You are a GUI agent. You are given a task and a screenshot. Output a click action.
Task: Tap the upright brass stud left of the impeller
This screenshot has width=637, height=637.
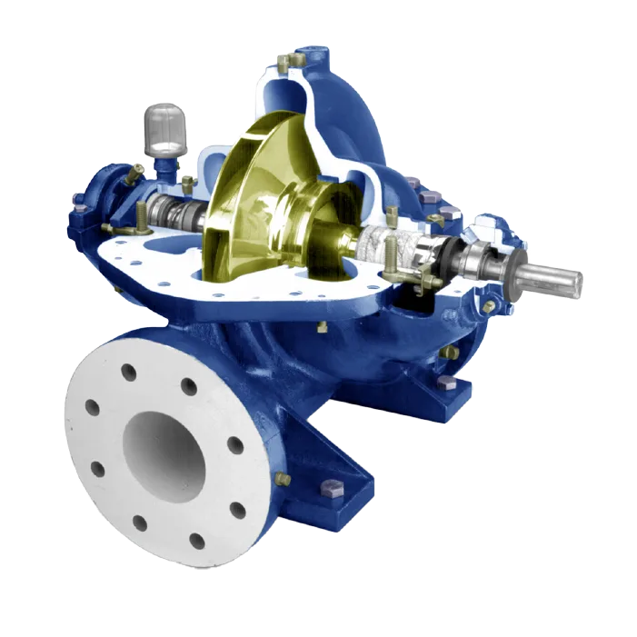(x=143, y=216)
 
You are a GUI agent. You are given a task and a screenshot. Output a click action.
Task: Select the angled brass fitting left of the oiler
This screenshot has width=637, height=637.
(x=134, y=171)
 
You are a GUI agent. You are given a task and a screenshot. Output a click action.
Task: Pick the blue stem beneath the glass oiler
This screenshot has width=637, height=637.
(x=165, y=166)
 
